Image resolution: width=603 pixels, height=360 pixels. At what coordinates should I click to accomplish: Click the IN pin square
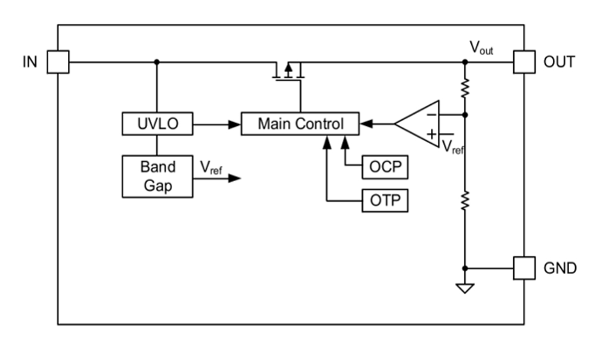click(58, 61)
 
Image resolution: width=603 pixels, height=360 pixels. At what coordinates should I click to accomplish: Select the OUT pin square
click(524, 61)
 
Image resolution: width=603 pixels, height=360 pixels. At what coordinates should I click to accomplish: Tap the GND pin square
click(524, 268)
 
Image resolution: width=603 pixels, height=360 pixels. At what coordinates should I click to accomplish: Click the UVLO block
click(157, 124)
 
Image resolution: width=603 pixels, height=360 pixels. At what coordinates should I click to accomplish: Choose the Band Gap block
click(157, 176)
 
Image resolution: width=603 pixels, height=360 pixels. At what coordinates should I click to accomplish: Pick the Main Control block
click(300, 124)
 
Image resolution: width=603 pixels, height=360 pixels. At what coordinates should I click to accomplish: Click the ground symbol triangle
click(465, 288)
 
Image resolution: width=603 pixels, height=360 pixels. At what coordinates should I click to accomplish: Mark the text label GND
click(560, 269)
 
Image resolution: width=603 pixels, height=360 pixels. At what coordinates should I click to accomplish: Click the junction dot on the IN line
click(157, 61)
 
